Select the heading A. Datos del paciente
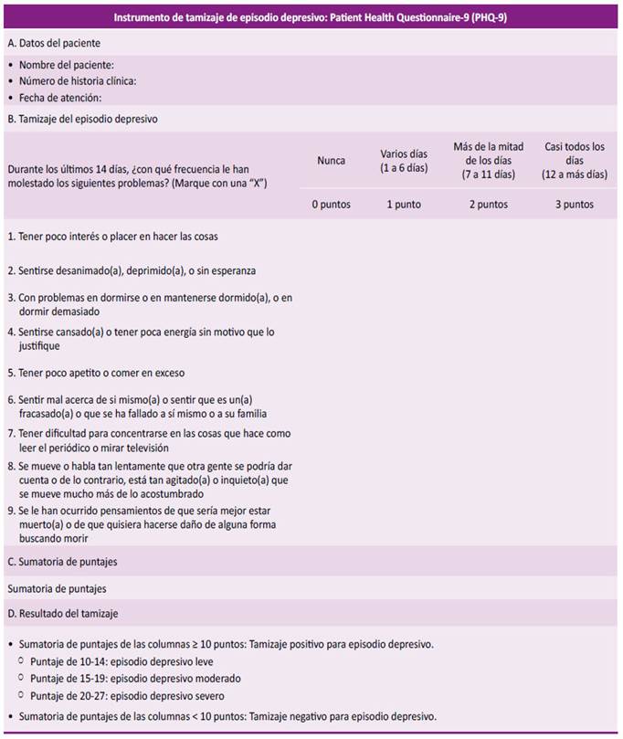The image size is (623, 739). [x=54, y=43]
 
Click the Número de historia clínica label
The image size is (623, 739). [x=78, y=81]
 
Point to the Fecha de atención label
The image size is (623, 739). [x=60, y=97]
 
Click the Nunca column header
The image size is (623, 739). [x=331, y=161]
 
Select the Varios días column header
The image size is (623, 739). [x=404, y=161]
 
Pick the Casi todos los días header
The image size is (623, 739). [x=574, y=161]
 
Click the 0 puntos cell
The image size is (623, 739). [x=331, y=205]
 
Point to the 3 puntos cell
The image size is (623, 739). [x=574, y=205]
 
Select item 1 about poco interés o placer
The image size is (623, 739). [x=112, y=237]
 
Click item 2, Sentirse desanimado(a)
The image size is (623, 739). [x=132, y=270]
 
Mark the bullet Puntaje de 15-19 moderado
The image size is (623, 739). [x=135, y=679]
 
